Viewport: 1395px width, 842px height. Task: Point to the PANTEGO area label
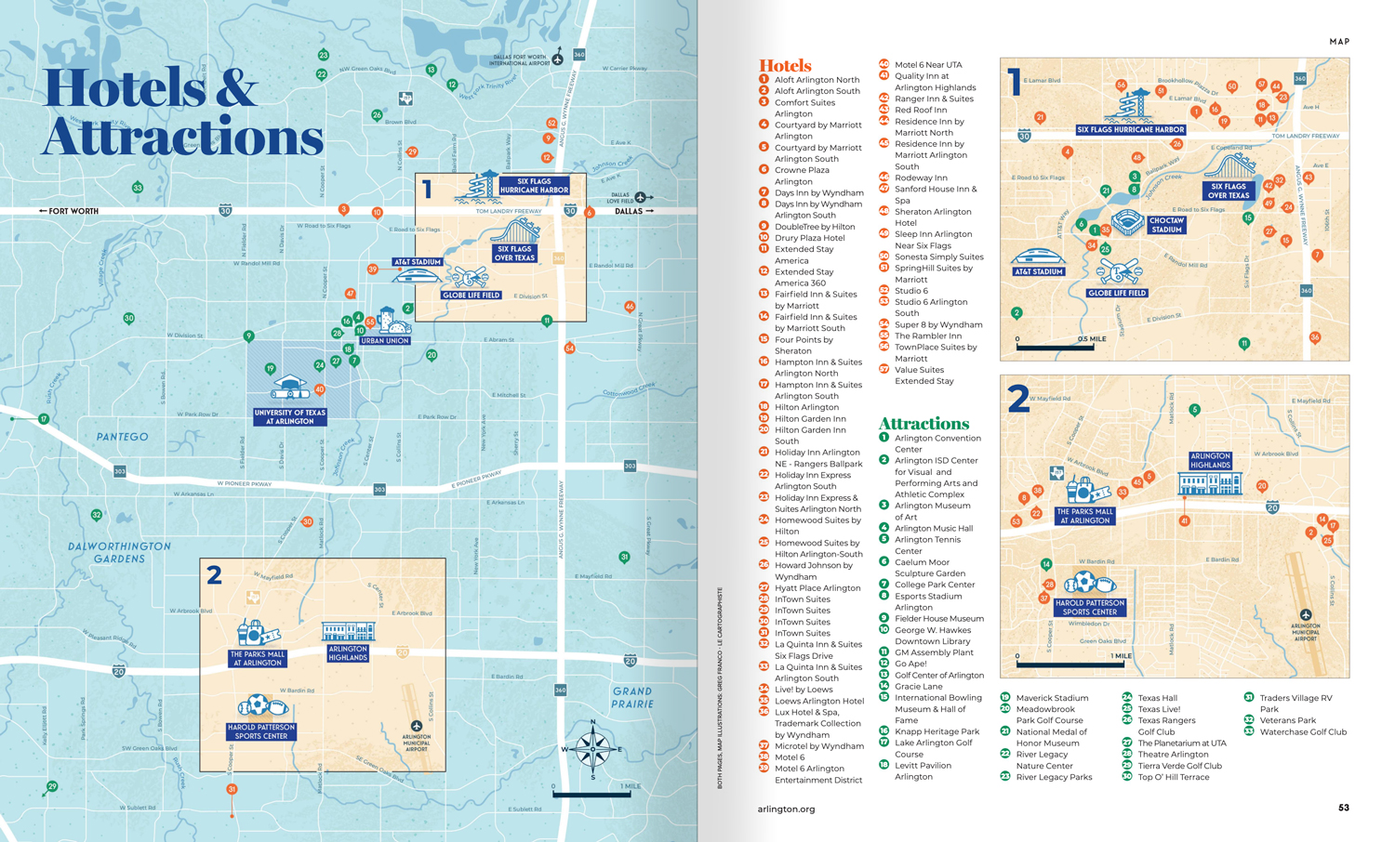click(x=122, y=437)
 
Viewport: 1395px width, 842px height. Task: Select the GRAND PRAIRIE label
click(x=632, y=697)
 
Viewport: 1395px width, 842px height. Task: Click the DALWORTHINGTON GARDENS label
click(x=119, y=553)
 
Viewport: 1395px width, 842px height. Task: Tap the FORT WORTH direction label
click(x=69, y=211)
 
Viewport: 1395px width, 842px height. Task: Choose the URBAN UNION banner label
click(x=384, y=341)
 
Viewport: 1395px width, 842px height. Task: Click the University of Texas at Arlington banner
click(x=290, y=417)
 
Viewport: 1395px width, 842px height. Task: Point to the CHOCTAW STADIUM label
click(x=1165, y=226)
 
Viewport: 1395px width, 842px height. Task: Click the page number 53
click(x=1343, y=808)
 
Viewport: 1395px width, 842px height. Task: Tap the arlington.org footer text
click(x=786, y=809)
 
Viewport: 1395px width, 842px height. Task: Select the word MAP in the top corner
click(x=1339, y=42)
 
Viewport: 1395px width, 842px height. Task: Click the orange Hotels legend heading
click(x=785, y=65)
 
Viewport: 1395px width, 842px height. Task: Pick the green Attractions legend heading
click(x=923, y=423)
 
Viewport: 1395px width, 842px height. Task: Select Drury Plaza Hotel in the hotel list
click(x=809, y=238)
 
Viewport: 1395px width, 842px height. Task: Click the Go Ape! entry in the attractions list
click(x=910, y=664)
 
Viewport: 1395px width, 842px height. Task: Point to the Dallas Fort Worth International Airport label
click(x=520, y=60)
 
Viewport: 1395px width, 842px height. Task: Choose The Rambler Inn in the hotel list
click(x=927, y=335)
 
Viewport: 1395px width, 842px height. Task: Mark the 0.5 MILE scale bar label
click(x=1092, y=339)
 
